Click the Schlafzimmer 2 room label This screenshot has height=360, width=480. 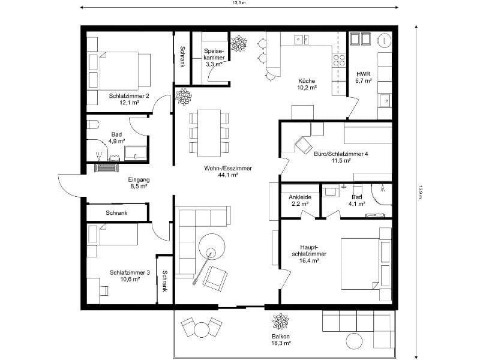point(124,99)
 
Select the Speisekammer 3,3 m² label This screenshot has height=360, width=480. point(214,57)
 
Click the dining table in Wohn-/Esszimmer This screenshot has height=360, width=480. point(209,131)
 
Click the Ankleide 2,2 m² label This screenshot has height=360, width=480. point(299,200)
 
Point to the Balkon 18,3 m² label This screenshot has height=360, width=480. point(281,340)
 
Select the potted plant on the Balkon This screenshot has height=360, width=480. point(280,320)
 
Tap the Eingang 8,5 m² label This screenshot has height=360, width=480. point(139,183)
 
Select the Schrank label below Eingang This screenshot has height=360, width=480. point(116,213)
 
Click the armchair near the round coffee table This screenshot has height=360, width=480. point(215,277)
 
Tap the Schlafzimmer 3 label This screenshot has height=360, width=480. point(125,275)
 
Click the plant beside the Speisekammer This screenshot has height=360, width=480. point(239,43)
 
